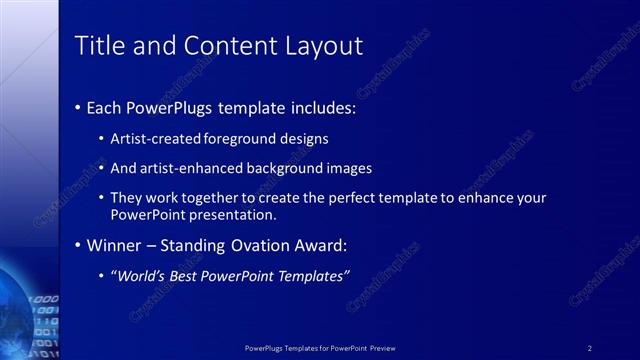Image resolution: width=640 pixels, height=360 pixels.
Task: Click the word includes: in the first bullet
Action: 316,107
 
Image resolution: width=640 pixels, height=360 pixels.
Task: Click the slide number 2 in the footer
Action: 590,348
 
